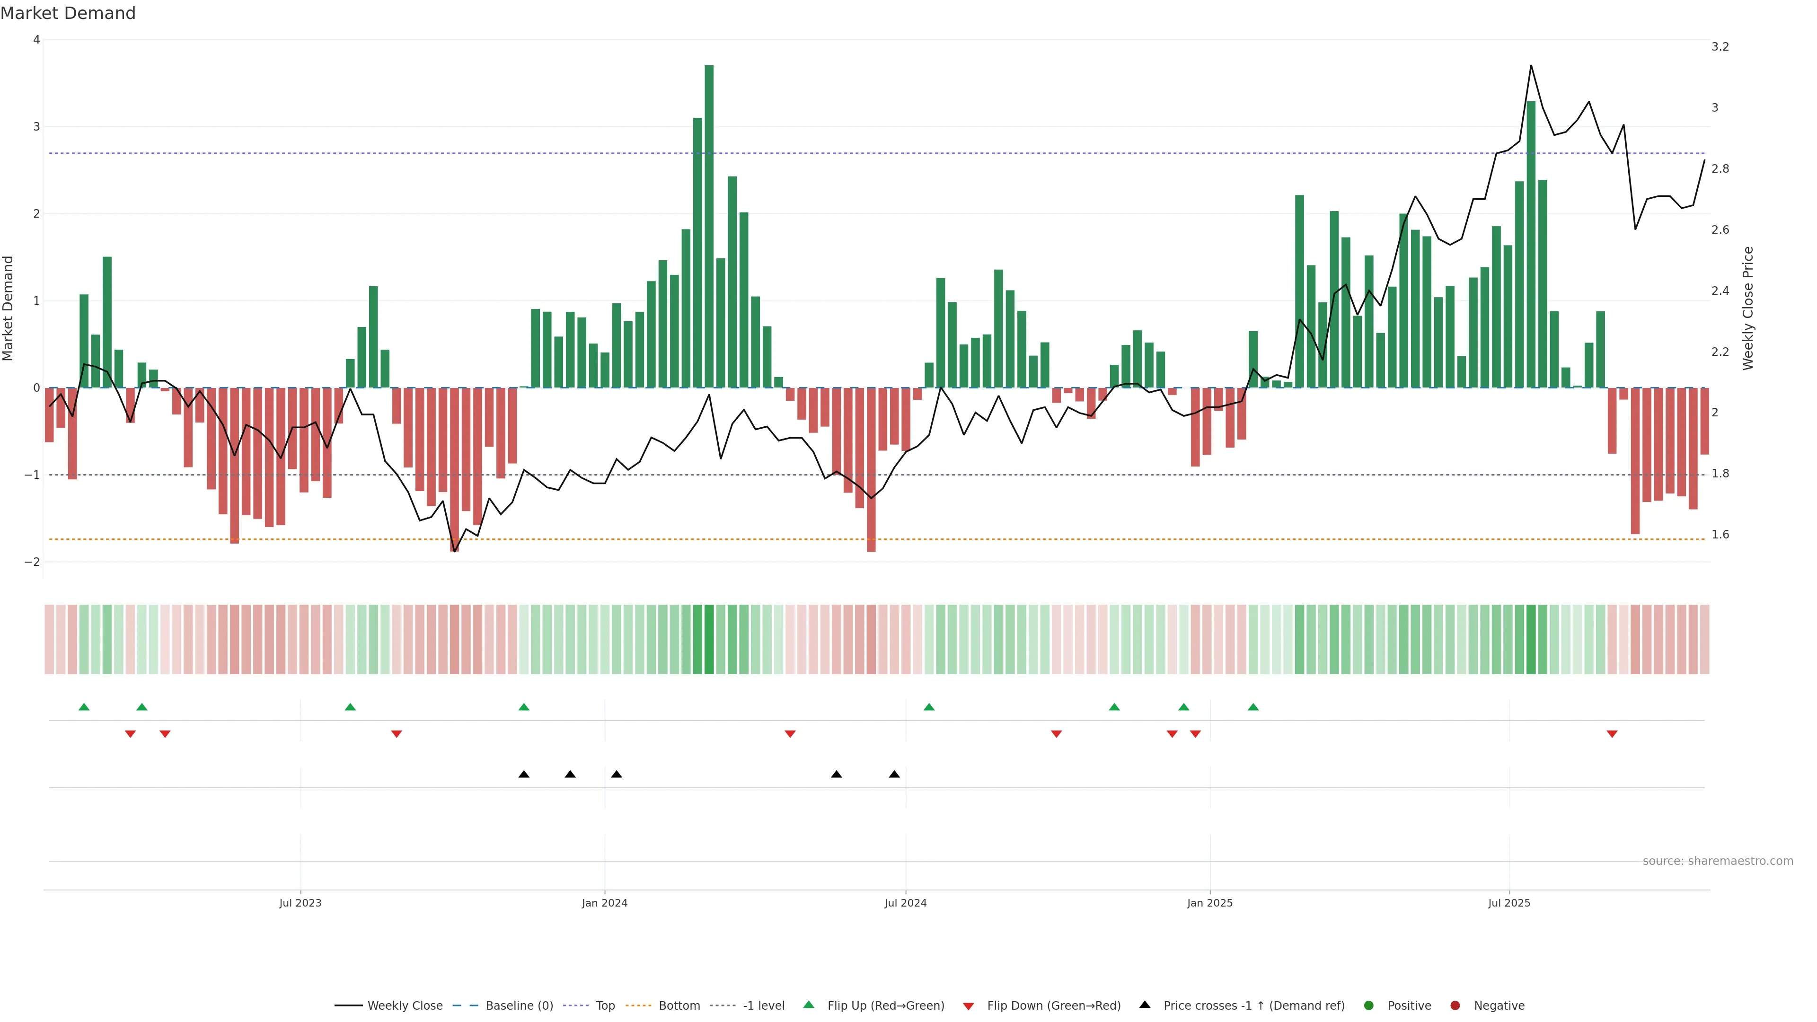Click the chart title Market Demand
(x=68, y=13)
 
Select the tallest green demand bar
(x=709, y=226)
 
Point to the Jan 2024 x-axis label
(x=605, y=903)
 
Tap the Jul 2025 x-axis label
(x=1509, y=903)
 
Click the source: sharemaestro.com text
(x=1718, y=861)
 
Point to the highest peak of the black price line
(x=1531, y=66)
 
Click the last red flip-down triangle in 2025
(x=1612, y=734)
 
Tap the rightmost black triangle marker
(x=894, y=775)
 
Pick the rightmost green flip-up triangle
(x=1252, y=707)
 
